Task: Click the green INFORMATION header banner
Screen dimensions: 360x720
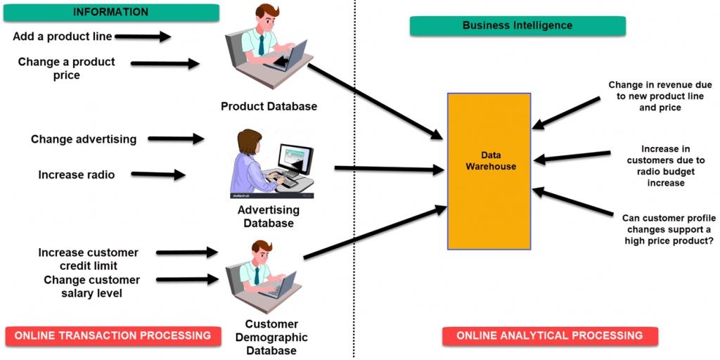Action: pos(110,12)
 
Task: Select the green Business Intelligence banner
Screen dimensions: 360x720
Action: pos(517,26)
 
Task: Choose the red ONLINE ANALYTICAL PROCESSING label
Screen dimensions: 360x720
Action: pos(549,336)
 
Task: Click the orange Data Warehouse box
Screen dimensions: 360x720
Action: pos(489,171)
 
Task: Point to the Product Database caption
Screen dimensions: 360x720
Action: pos(269,107)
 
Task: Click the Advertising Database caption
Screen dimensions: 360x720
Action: pos(269,217)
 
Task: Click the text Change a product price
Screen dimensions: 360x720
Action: pos(66,68)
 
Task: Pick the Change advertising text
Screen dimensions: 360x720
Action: pos(84,139)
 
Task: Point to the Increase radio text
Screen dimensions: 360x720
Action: pos(76,174)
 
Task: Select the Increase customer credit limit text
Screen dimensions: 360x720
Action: pos(88,259)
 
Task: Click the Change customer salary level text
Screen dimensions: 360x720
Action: pos(91,286)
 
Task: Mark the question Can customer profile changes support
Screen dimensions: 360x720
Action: pos(669,229)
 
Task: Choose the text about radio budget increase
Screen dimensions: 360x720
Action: pos(665,166)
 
